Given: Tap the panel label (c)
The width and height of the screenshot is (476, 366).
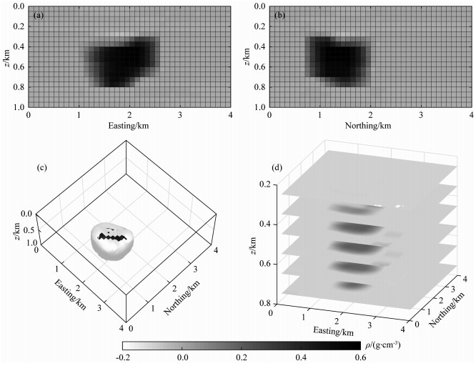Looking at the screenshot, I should pos(42,169).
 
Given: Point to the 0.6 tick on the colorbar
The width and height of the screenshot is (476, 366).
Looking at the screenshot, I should pos(360,356).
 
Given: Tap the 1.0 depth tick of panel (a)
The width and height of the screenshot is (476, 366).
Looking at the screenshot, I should pos(20,107).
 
